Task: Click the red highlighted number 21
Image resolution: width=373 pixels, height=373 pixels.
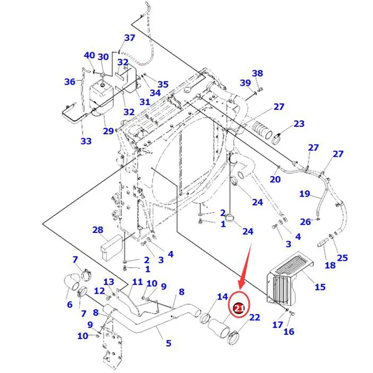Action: click(239, 308)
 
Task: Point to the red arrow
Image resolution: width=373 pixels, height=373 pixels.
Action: click(245, 266)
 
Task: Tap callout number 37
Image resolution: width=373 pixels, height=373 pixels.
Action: click(130, 37)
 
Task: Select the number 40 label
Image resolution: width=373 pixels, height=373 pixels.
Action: click(89, 55)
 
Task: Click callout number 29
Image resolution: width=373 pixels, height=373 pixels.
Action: click(108, 131)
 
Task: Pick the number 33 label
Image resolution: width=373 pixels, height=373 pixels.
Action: click(86, 141)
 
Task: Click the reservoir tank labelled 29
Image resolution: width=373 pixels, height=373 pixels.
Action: click(102, 98)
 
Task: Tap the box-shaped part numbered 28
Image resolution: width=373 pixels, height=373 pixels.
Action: click(111, 246)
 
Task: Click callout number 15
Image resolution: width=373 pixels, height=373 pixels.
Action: click(320, 287)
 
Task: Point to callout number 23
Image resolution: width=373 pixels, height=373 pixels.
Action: click(299, 124)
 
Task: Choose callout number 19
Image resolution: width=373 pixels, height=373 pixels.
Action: click(305, 194)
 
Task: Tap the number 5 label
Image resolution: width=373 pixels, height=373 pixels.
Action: click(169, 343)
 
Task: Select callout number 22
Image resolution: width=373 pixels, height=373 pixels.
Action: click(254, 317)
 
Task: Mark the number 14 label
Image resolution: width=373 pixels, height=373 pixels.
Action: click(222, 297)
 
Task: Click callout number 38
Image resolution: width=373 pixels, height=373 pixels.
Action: click(257, 73)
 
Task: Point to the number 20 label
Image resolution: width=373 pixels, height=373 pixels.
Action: click(275, 179)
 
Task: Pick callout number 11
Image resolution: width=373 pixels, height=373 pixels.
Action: click(137, 282)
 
